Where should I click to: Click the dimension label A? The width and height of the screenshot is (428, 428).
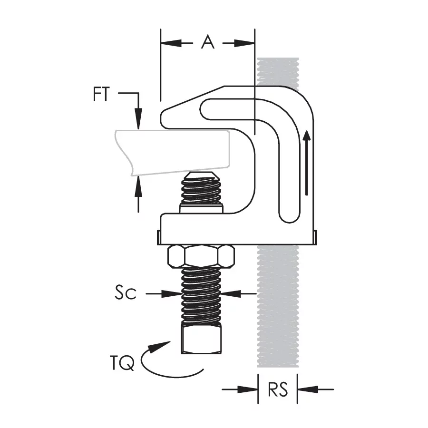tap(208, 42)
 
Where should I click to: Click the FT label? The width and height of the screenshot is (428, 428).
tap(101, 94)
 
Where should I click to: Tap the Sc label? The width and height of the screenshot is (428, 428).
tap(125, 292)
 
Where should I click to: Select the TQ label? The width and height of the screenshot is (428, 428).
tap(122, 363)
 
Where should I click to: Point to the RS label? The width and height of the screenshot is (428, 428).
tap(278, 389)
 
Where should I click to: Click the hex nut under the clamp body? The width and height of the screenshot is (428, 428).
tap(201, 256)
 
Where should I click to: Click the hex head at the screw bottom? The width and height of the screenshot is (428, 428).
tap(201, 340)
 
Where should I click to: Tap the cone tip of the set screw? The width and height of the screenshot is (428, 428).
tap(202, 175)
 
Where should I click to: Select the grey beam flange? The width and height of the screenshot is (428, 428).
tap(173, 152)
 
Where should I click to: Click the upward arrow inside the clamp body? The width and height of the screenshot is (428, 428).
tap(307, 163)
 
